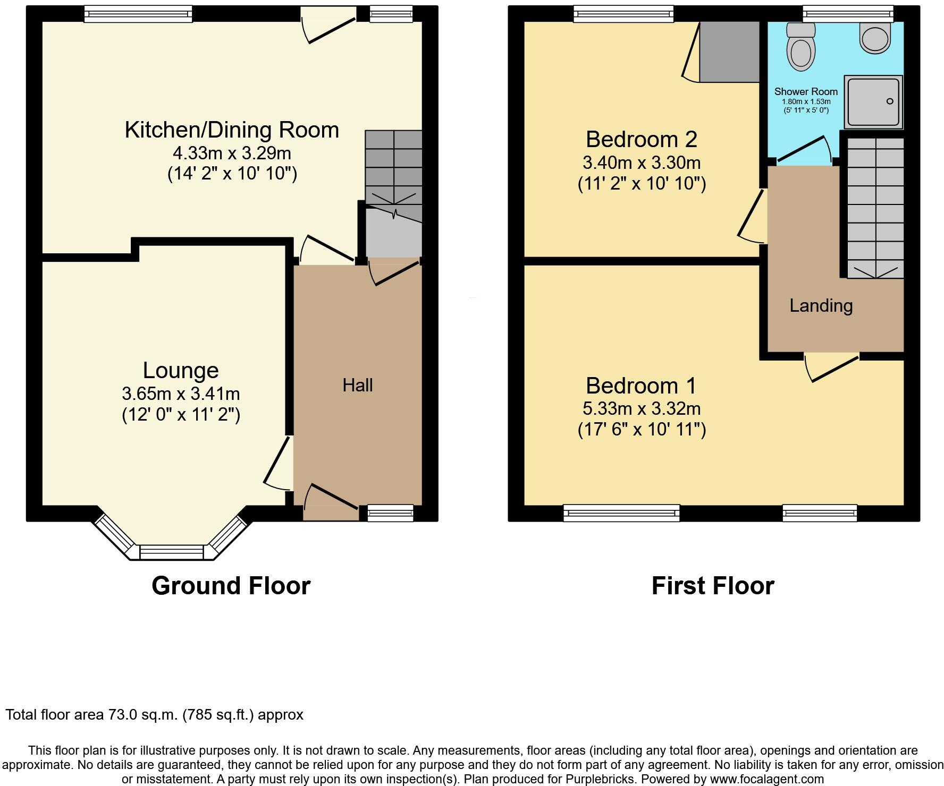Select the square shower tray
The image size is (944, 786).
tap(873, 102)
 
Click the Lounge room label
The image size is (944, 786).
tap(181, 370)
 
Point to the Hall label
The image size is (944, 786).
tap(357, 385)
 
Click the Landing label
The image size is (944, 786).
tap(821, 305)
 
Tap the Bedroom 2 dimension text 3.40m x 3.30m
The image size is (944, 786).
tap(642, 162)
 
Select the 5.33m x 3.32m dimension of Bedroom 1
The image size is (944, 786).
tap(642, 408)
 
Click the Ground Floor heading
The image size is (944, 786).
tap(231, 586)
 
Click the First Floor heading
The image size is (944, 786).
tap(712, 586)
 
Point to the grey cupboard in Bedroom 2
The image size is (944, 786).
tap(729, 52)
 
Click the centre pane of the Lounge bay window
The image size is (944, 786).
tap(172, 553)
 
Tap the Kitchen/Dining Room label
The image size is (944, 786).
tap(232, 130)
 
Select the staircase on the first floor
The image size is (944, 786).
tap(875, 207)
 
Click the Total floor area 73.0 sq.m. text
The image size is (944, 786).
tap(154, 715)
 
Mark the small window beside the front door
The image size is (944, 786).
tap(390, 512)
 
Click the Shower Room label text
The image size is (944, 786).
tap(806, 91)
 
